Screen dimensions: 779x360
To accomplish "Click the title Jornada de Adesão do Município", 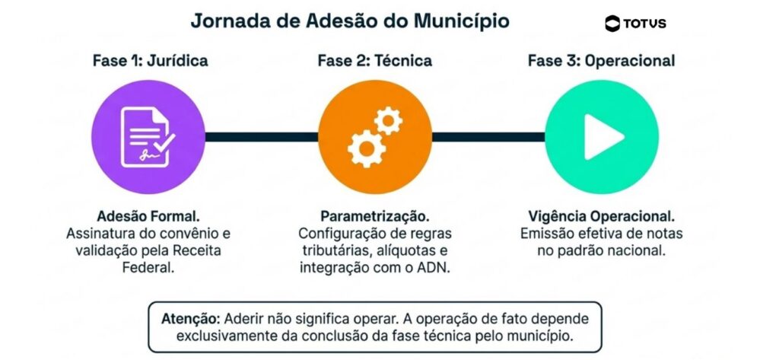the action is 350,22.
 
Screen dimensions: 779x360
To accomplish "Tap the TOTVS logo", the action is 635,24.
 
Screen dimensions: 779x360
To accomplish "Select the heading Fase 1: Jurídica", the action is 150,61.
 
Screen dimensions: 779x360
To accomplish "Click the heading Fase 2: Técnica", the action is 375,61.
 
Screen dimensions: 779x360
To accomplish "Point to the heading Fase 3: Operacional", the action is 601,61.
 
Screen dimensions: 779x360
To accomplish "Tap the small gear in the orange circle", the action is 388,121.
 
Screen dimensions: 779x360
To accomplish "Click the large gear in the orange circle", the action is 367,148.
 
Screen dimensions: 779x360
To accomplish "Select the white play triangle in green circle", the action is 603,137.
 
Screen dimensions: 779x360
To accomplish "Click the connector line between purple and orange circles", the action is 262,137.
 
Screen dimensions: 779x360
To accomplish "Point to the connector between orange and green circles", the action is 488,137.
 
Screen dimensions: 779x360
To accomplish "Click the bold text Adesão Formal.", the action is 148,216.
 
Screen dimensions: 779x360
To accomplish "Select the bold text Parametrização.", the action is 375,217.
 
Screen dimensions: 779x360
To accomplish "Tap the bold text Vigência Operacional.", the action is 602,217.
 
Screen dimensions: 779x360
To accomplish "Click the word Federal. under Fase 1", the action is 148,267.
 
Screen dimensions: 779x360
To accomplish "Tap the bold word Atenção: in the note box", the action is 191,319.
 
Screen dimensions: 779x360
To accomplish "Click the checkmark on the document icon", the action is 164,142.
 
